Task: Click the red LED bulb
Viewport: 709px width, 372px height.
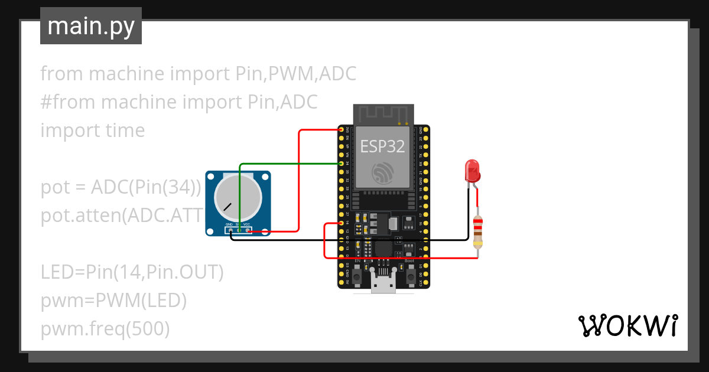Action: tap(472, 170)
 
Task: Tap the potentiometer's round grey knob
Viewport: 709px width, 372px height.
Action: tap(234, 196)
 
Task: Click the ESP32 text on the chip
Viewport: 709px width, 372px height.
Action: tap(383, 146)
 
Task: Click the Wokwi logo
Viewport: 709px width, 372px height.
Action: tap(627, 325)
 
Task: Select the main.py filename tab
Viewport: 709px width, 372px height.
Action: tap(91, 26)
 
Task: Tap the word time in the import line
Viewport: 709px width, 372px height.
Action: tap(125, 130)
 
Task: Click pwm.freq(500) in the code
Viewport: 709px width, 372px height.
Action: tap(105, 329)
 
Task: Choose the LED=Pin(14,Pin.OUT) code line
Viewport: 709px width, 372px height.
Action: tap(132, 272)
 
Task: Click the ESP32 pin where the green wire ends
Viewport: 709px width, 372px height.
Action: tap(342, 162)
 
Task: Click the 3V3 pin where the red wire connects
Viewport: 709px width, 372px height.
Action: tap(342, 129)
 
